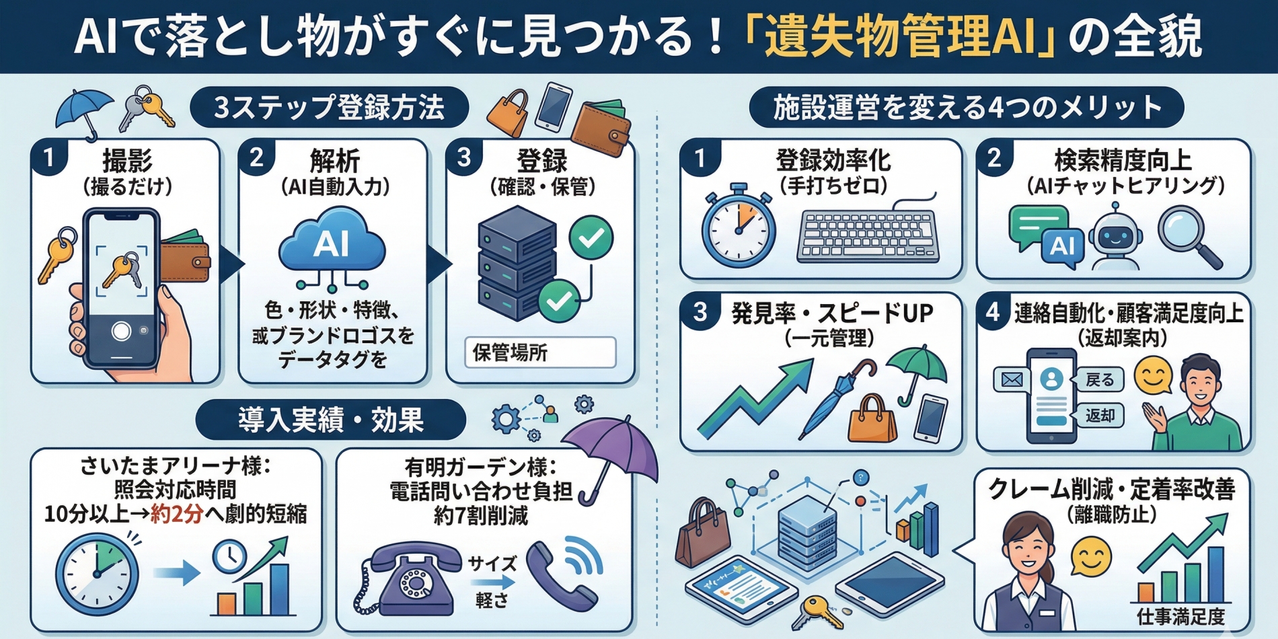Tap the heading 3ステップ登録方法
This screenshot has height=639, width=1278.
click(x=330, y=107)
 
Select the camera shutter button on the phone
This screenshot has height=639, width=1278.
click(x=121, y=331)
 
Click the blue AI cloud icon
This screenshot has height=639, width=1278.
click(x=332, y=241)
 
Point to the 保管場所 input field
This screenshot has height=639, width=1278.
click(x=540, y=352)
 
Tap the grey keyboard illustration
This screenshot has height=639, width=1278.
click(x=868, y=235)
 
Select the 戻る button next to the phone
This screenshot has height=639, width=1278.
click(x=1100, y=380)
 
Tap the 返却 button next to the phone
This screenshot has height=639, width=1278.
click(x=1100, y=416)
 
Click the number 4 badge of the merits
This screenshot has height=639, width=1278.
click(x=993, y=312)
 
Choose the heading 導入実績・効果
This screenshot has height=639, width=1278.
click(x=330, y=420)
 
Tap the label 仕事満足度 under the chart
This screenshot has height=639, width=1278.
click(x=1180, y=616)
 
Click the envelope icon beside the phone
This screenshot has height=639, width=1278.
click(x=1012, y=380)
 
